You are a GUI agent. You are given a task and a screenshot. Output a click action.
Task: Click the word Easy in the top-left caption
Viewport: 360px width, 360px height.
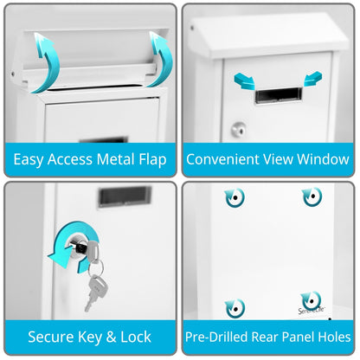pos(30,159)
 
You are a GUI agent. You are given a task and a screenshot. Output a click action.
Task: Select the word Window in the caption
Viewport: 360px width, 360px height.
pos(323,159)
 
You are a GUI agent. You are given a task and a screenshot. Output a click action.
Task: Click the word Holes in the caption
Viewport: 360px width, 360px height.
pos(331,337)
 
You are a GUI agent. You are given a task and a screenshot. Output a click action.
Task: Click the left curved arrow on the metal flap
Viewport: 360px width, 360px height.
pos(43,62)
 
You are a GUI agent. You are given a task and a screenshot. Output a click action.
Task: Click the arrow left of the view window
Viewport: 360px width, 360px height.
pos(246,81)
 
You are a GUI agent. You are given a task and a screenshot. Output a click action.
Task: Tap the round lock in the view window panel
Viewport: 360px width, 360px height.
pos(237,129)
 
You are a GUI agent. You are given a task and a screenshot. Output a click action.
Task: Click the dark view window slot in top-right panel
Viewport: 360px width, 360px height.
pos(280,94)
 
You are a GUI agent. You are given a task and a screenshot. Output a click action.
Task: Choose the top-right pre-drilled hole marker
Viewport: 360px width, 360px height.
pos(312,197)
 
